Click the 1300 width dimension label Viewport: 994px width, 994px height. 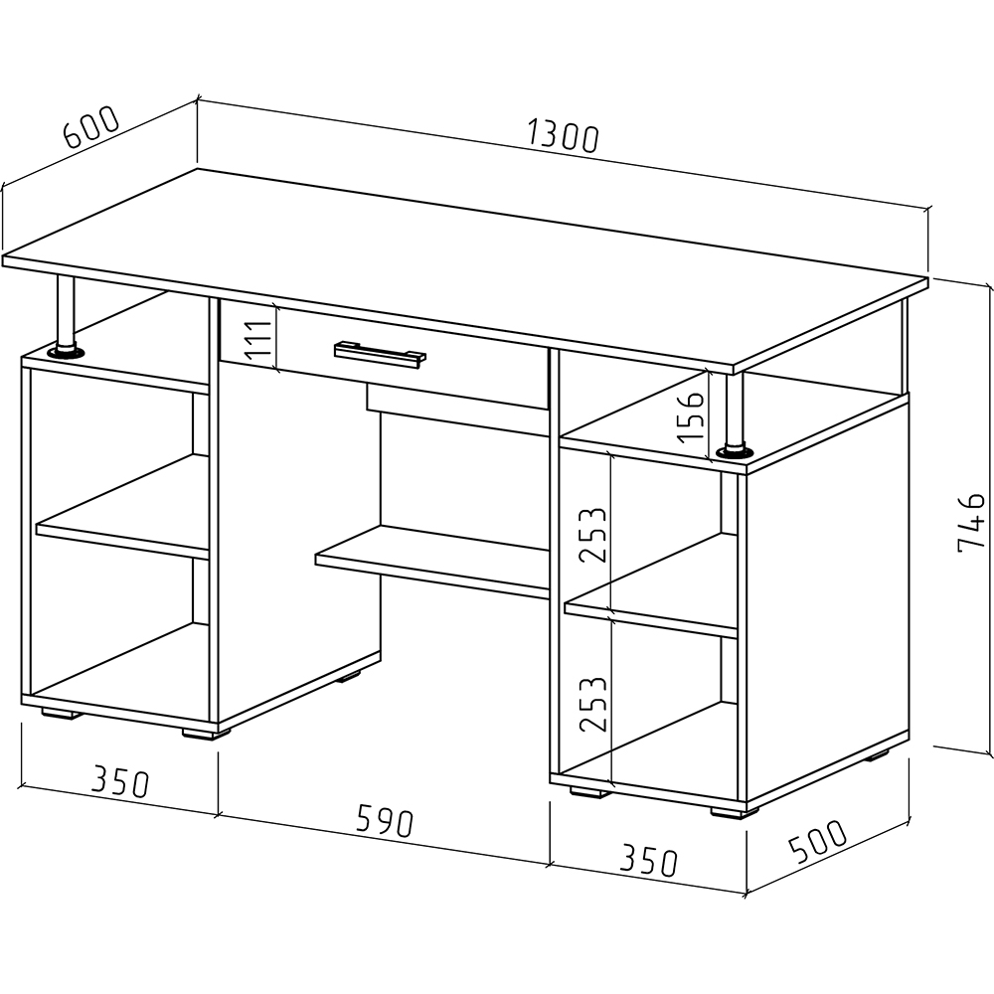pos(563,139)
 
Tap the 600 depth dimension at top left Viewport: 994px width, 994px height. pos(91,128)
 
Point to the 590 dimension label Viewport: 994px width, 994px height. pos(384,821)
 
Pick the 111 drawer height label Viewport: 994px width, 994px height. pos(258,340)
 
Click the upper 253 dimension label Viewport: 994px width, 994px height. pos(592,535)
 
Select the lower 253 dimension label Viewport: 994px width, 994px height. pos(592,705)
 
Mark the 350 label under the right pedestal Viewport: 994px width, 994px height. pos(648,861)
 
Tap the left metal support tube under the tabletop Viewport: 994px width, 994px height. pos(66,311)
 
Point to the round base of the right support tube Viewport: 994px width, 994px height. pos(735,452)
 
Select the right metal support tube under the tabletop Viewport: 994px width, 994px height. pos(734,410)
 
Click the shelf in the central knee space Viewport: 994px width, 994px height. pos(433,562)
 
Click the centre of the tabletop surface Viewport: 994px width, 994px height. pos(466,269)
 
